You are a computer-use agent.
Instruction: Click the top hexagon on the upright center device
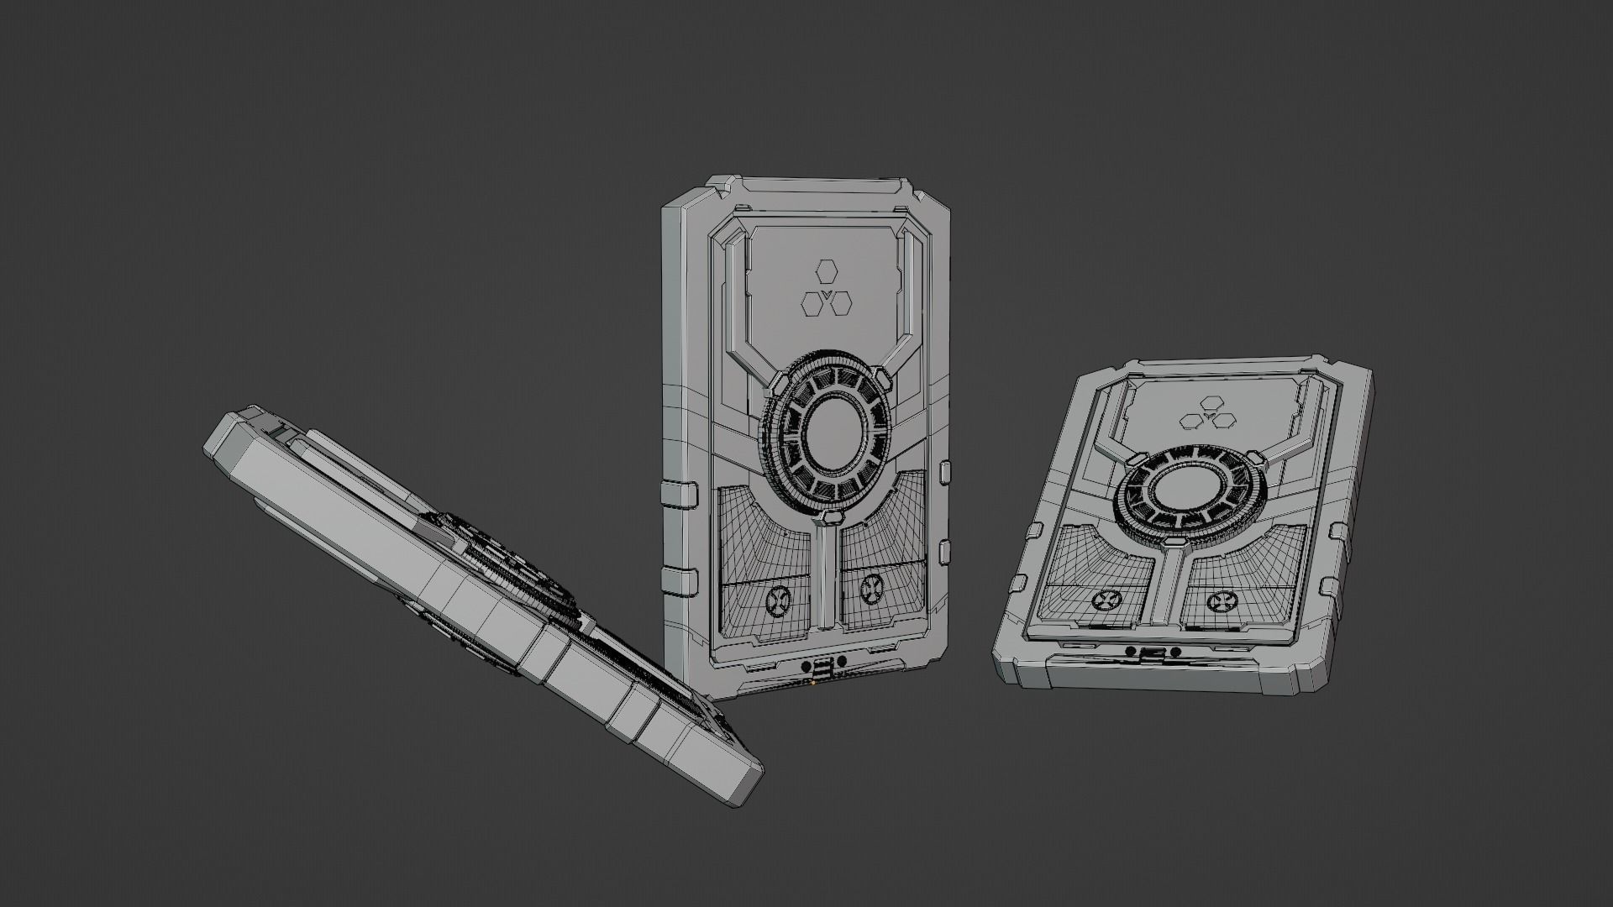[827, 273]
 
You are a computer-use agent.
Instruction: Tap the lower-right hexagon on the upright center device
[840, 303]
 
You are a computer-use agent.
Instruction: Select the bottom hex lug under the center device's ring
[828, 516]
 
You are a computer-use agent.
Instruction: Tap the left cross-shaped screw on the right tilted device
[1103, 600]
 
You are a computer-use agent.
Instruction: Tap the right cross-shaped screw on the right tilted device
[1222, 601]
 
